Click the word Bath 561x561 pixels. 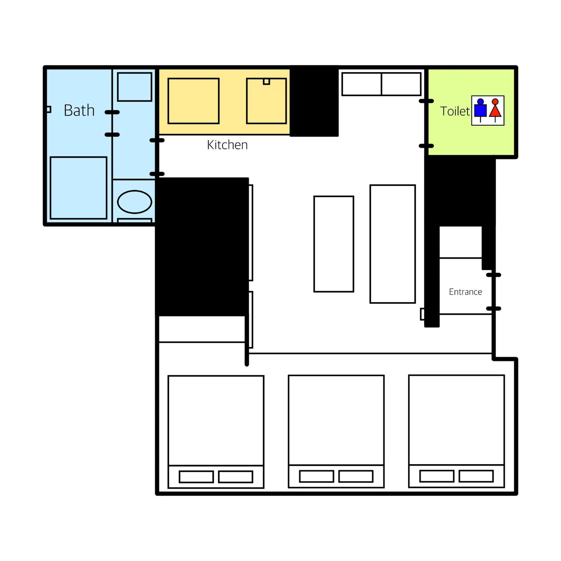79,111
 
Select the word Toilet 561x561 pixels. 454,111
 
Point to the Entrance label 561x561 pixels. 465,292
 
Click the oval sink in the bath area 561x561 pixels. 134,202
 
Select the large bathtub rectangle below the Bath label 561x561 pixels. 78,188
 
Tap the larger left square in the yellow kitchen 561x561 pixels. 193,101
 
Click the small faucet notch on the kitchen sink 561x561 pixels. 266,82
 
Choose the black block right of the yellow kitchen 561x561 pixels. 314,101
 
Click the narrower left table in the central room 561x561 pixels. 334,244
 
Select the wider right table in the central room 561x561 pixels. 392,244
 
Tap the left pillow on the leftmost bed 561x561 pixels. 196,477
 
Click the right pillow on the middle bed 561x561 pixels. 356,476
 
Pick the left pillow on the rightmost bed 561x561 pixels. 437,476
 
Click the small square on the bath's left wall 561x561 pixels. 48,110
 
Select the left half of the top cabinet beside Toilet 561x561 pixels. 362,84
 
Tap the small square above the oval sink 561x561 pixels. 134,87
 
